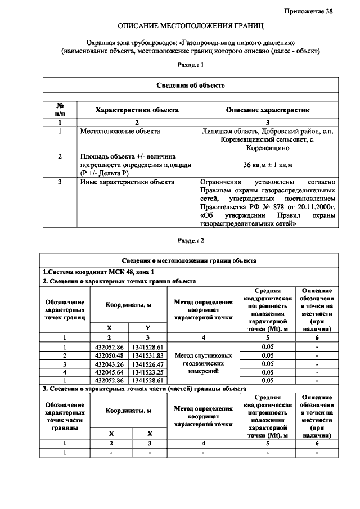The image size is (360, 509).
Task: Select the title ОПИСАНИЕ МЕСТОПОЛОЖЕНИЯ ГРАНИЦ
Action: coord(191,26)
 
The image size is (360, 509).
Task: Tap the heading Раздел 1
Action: coord(191,65)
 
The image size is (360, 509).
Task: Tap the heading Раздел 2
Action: coord(191,241)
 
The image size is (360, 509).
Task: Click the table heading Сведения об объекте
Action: coord(191,85)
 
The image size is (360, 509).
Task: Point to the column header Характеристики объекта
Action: coord(137,110)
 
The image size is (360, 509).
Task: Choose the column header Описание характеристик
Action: coord(268,110)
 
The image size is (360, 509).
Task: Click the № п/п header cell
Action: coord(60,110)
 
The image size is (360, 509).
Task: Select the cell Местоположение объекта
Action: coord(120,132)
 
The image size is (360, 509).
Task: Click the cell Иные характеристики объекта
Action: coord(127,182)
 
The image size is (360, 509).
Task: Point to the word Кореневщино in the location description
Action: coord(268,148)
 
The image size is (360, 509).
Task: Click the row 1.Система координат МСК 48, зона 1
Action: coord(90,271)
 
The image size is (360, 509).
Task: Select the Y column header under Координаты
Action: coord(147,327)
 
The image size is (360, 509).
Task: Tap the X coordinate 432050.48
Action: coord(111,355)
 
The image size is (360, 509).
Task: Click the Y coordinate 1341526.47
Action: coord(147,364)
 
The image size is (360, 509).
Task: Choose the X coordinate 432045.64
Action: coord(111,372)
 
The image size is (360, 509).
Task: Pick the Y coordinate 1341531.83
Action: coord(147,355)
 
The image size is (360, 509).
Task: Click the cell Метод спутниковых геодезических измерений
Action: coord(203,364)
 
